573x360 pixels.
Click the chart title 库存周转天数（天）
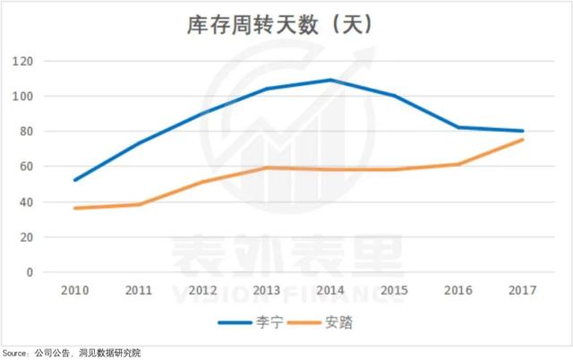[286, 26]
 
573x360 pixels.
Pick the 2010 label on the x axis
[74, 292]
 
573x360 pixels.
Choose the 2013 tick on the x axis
[267, 292]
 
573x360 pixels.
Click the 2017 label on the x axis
[522, 292]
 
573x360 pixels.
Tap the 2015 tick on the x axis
[395, 292]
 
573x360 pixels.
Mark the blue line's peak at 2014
[330, 80]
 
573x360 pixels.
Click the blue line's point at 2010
[74, 180]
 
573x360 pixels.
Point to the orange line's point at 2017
[523, 140]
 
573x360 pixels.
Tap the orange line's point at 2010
[74, 209]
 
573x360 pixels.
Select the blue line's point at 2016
[458, 127]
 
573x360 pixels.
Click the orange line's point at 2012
[202, 182]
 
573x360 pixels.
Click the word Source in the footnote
[13, 352]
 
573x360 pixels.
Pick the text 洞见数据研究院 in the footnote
[112, 352]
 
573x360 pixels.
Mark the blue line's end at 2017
[523, 131]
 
